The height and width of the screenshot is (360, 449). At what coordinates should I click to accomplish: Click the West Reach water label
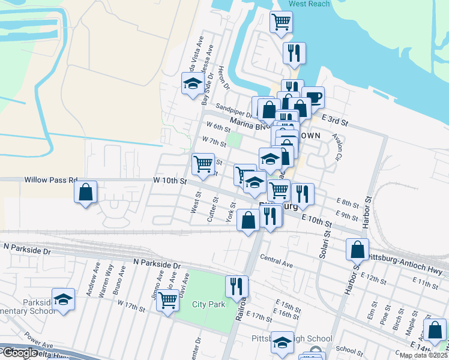[309, 4]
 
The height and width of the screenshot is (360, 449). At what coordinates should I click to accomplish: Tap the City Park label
[209, 304]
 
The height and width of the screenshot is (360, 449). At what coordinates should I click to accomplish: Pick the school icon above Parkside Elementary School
[62, 299]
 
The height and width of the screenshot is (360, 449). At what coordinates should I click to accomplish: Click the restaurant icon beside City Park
[237, 286]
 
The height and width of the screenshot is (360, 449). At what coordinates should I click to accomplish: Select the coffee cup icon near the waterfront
[313, 97]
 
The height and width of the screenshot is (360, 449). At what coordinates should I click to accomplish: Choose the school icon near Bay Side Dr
[193, 83]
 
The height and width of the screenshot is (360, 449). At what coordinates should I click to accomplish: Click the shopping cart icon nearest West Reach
[281, 22]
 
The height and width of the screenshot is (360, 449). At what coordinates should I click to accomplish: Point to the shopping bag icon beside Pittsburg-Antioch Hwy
[357, 248]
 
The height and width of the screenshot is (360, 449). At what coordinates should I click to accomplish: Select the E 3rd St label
[335, 120]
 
